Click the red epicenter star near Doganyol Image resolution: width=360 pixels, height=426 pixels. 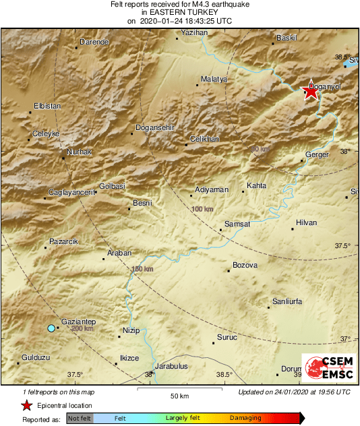[x=310, y=92]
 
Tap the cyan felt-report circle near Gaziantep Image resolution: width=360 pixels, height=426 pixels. [x=51, y=328]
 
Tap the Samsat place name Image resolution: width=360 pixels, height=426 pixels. [x=237, y=224]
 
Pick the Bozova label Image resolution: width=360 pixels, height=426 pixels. [x=245, y=265]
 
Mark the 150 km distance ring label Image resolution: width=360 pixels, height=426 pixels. [x=144, y=269]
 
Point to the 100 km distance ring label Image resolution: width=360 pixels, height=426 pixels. [x=202, y=210]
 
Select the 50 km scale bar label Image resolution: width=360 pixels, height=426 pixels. [x=179, y=395]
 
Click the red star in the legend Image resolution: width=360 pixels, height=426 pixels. [x=26, y=406]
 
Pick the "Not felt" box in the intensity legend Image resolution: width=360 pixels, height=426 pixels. [x=80, y=419]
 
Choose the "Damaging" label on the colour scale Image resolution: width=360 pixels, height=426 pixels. [x=245, y=419]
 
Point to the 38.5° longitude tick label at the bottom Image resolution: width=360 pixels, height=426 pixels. [x=224, y=375]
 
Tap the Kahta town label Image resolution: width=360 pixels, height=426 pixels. [x=256, y=185]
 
